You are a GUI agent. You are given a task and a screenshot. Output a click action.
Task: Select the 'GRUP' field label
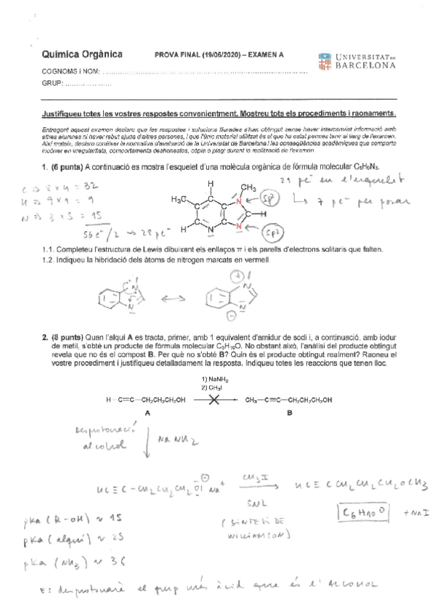pyautogui.click(x=53, y=84)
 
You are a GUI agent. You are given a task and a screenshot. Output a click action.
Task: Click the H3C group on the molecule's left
pyautogui.click(x=181, y=200)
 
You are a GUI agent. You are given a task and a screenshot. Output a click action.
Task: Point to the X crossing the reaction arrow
pyautogui.click(x=215, y=400)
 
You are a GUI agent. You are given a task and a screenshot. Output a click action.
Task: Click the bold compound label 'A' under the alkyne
pyautogui.click(x=147, y=412)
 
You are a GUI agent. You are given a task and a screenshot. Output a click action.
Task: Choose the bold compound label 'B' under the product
pyautogui.click(x=289, y=412)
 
